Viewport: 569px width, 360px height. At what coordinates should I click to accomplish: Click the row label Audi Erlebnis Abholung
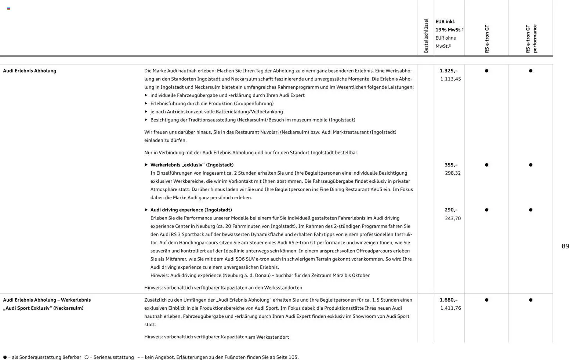30,71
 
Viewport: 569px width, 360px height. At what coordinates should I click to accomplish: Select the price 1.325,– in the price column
449,71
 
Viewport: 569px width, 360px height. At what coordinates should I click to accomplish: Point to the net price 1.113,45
450,79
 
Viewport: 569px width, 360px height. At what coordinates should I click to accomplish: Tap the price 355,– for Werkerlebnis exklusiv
451,165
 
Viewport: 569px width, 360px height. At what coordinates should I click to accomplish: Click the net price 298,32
453,173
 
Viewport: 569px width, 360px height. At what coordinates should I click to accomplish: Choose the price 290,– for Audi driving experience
451,210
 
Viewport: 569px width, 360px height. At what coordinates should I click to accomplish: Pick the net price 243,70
453,218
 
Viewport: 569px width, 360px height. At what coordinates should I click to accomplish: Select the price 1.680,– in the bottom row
449,300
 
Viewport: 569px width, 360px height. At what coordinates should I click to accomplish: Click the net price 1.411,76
450,308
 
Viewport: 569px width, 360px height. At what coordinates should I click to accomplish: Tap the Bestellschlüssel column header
426,36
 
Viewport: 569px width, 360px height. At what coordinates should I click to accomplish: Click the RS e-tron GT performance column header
531,39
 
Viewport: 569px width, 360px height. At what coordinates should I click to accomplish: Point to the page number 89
565,246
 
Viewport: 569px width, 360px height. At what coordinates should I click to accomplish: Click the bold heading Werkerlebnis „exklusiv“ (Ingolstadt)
192,165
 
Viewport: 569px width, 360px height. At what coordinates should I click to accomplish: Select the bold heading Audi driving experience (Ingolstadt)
191,210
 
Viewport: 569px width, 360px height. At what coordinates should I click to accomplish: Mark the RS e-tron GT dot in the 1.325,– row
486,71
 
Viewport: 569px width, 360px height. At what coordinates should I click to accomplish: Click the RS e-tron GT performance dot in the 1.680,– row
530,300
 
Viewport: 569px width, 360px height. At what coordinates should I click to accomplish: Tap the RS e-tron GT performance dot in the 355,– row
530,165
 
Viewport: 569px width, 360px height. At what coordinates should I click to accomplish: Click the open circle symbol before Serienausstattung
87,357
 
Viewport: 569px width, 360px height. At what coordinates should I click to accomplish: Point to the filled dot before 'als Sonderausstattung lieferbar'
5,357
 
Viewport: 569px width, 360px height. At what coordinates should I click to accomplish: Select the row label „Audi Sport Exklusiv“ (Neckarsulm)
43,308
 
